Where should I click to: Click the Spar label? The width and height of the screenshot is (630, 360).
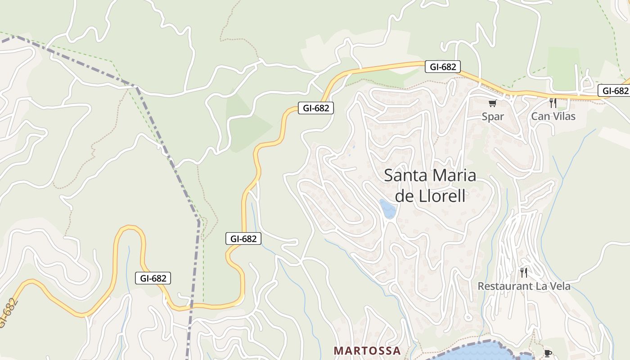(493, 117)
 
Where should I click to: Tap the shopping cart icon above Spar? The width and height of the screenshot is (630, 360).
(492, 103)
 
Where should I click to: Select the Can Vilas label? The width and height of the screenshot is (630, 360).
(553, 116)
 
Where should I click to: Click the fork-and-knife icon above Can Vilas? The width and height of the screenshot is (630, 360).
(553, 103)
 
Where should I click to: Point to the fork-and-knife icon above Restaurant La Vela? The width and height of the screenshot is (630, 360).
(523, 272)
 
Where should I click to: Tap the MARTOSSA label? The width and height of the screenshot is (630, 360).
(367, 351)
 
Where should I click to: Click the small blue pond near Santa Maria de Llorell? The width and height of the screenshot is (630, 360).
(387, 209)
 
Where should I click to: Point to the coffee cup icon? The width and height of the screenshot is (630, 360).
(548, 353)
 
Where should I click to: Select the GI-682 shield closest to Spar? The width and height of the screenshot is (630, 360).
(443, 67)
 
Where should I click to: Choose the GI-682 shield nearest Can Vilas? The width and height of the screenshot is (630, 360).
(615, 91)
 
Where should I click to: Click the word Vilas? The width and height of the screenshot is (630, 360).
(564, 116)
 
